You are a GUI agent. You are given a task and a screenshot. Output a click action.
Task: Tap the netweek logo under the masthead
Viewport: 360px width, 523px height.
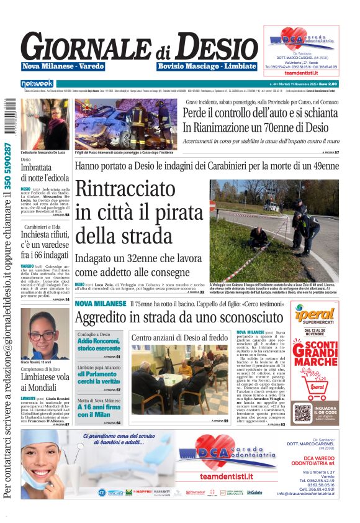[x=37, y=83]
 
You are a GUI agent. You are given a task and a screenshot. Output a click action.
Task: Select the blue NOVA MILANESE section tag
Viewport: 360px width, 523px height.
[x=100, y=303]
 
